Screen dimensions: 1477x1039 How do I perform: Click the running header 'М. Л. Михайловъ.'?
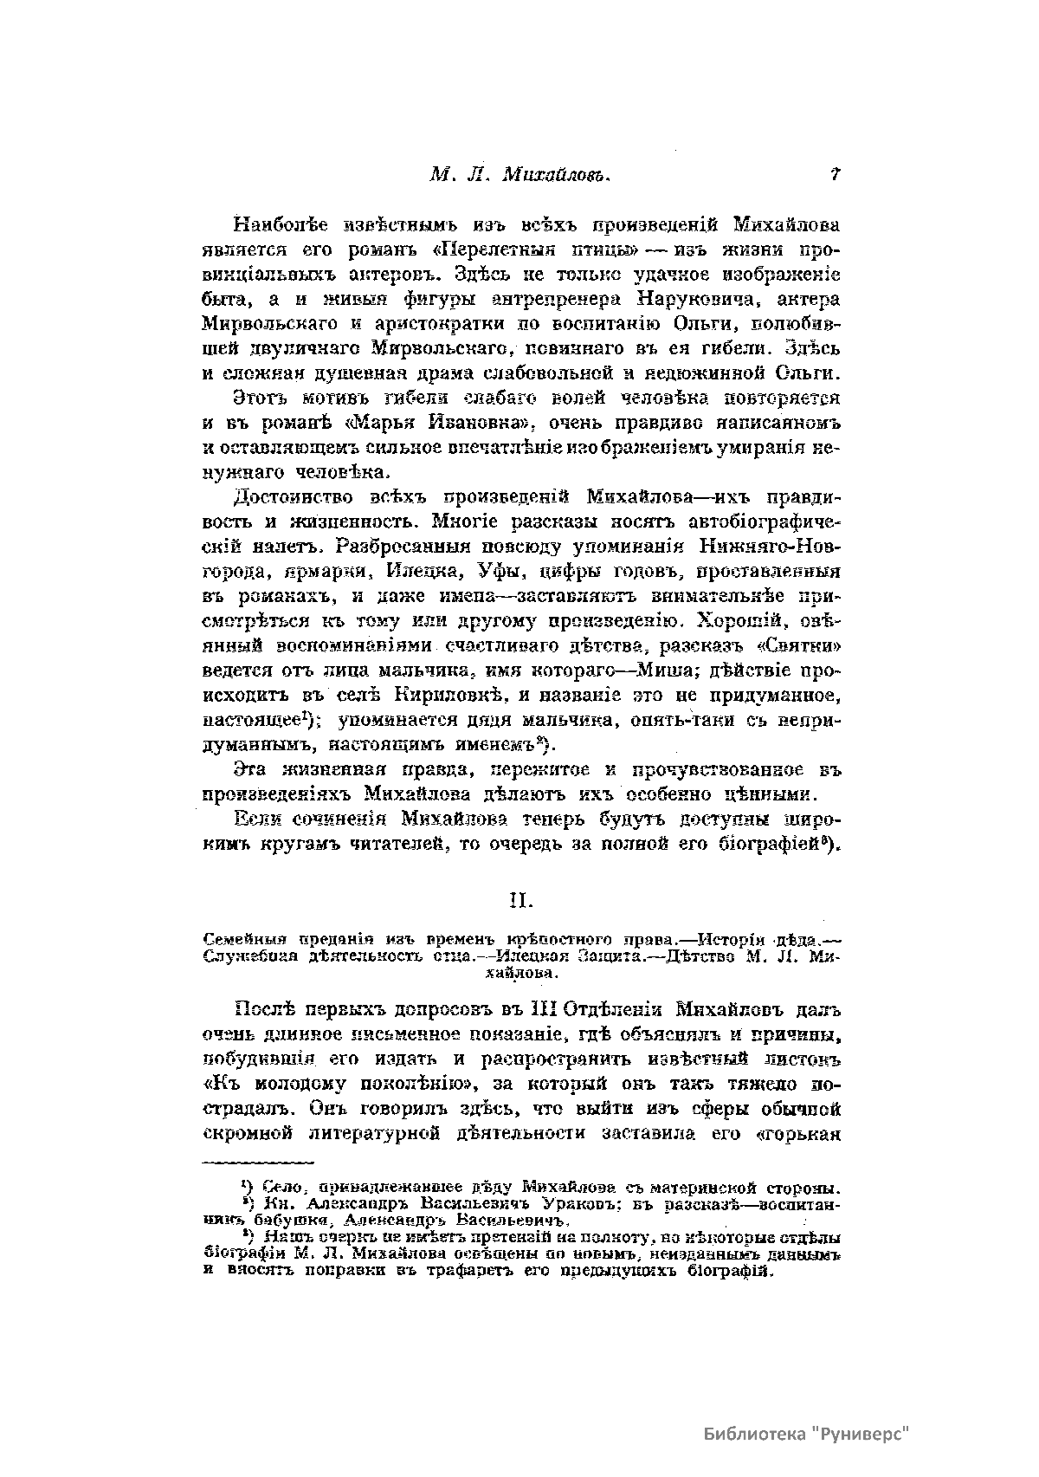coord(520,174)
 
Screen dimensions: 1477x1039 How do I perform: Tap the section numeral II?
coord(520,902)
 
